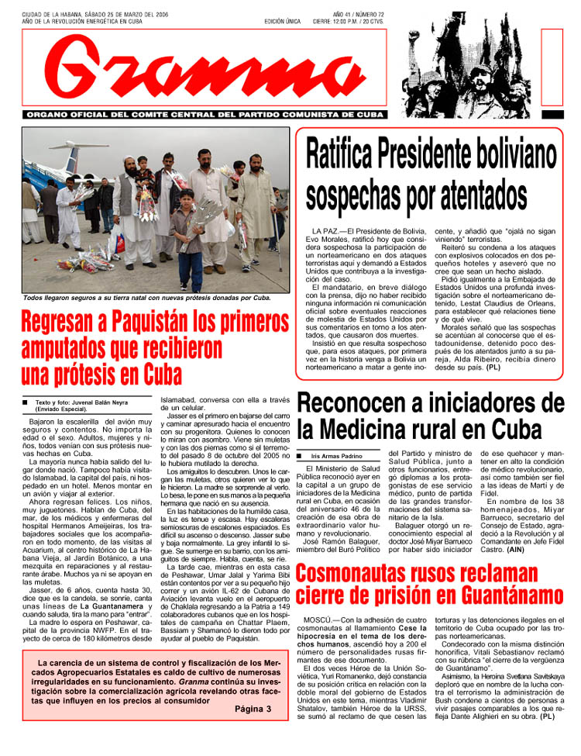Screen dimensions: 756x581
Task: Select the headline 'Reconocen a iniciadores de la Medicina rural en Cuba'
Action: [x=431, y=416]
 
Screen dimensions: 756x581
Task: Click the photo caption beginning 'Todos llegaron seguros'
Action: [x=146, y=298]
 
